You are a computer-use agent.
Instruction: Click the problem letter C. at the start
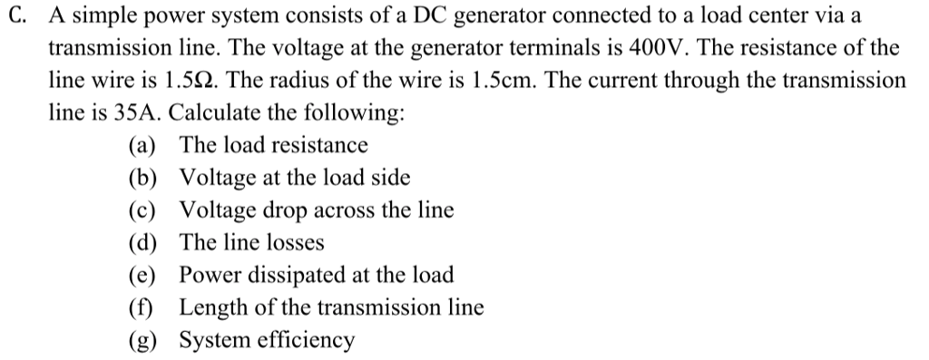pyautogui.click(x=19, y=15)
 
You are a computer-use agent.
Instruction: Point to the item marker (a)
pyautogui.click(x=142, y=145)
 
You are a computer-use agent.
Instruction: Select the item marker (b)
pyautogui.click(x=142, y=178)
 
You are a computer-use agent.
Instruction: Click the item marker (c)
pyautogui.click(x=142, y=210)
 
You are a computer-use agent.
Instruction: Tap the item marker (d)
pyautogui.click(x=142, y=243)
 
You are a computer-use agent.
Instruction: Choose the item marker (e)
pyautogui.click(x=142, y=275)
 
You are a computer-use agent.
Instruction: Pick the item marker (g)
pyautogui.click(x=142, y=341)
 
